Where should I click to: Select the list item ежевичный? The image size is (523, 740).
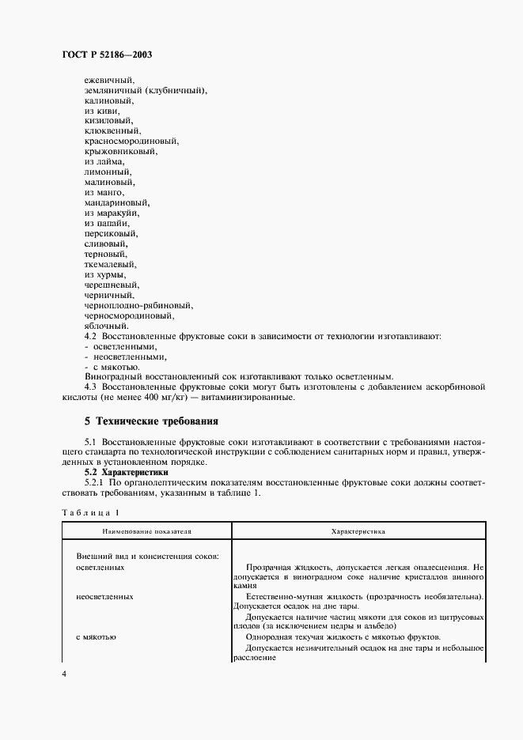point(110,80)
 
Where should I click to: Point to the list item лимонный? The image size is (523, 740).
point(108,172)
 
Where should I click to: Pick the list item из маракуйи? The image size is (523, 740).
point(112,213)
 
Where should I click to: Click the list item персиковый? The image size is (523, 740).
point(112,233)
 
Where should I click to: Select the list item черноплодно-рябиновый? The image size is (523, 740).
point(138,304)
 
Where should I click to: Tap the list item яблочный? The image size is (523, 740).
point(107,325)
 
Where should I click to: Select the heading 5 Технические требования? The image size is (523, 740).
point(151,421)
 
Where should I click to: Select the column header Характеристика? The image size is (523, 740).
point(358,532)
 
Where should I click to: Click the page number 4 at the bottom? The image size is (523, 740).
point(65,673)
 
